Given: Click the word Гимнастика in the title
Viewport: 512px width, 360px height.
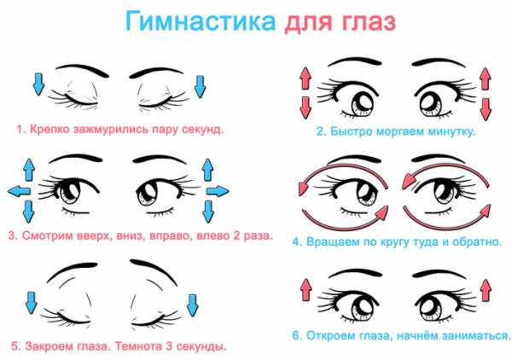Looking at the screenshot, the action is (x=201, y=22).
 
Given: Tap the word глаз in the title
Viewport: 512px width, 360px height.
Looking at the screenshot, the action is (x=369, y=22).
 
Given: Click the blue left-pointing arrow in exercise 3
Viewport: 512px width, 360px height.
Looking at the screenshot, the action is (x=20, y=191).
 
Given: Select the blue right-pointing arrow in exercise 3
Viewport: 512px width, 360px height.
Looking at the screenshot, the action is (x=218, y=191).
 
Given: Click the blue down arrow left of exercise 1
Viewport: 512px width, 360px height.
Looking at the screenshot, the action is (x=38, y=84).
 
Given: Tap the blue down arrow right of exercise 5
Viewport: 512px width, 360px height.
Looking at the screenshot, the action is (x=192, y=305).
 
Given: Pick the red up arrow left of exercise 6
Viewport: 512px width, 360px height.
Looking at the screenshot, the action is (x=306, y=290).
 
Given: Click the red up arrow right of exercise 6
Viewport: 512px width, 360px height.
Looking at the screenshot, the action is (x=486, y=290).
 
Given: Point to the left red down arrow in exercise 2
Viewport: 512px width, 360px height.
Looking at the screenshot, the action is (x=305, y=107).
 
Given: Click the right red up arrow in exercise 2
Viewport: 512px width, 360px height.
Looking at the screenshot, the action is (x=486, y=78).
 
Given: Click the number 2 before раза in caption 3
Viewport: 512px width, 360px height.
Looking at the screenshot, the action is (x=236, y=235).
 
